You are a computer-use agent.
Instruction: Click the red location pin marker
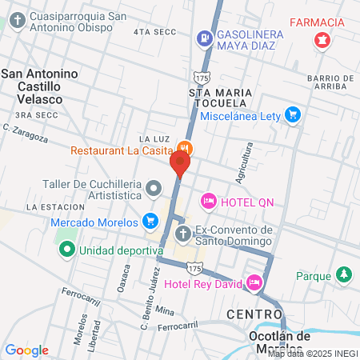click(179, 165)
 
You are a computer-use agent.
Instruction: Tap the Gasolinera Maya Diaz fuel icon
click(206, 37)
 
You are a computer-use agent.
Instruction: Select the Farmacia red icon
click(322, 39)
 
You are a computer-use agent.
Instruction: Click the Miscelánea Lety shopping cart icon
click(293, 115)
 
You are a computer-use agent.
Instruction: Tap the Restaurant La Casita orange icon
click(185, 148)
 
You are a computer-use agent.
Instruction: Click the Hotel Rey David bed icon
click(254, 282)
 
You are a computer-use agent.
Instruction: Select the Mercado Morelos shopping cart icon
click(150, 220)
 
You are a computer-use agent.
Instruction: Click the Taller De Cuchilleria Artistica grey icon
click(154, 187)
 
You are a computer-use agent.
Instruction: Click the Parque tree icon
click(343, 274)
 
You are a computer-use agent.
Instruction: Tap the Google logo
click(26, 350)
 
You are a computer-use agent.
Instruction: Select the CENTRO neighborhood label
click(254, 313)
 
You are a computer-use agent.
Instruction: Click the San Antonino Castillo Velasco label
click(41, 86)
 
